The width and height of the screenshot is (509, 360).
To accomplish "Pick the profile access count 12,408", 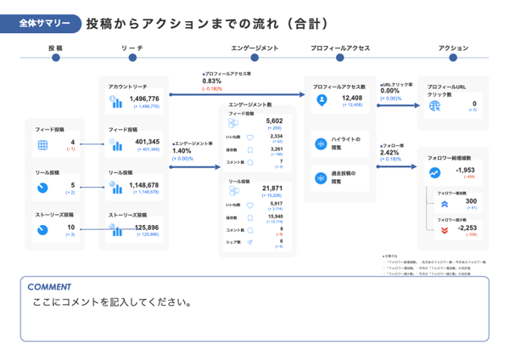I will click(352, 98).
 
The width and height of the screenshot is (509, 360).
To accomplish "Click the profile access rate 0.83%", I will click(211, 81).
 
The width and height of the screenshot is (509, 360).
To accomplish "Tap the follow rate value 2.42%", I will click(389, 153).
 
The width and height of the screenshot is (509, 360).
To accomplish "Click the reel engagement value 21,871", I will click(272, 188).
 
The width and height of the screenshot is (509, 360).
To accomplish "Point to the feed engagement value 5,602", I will click(274, 121).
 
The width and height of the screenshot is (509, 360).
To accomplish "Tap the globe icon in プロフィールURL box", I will click(435, 105).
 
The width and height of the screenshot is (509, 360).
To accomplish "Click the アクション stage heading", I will click(454, 48).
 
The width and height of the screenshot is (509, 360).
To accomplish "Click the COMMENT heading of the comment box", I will click(48, 286).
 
